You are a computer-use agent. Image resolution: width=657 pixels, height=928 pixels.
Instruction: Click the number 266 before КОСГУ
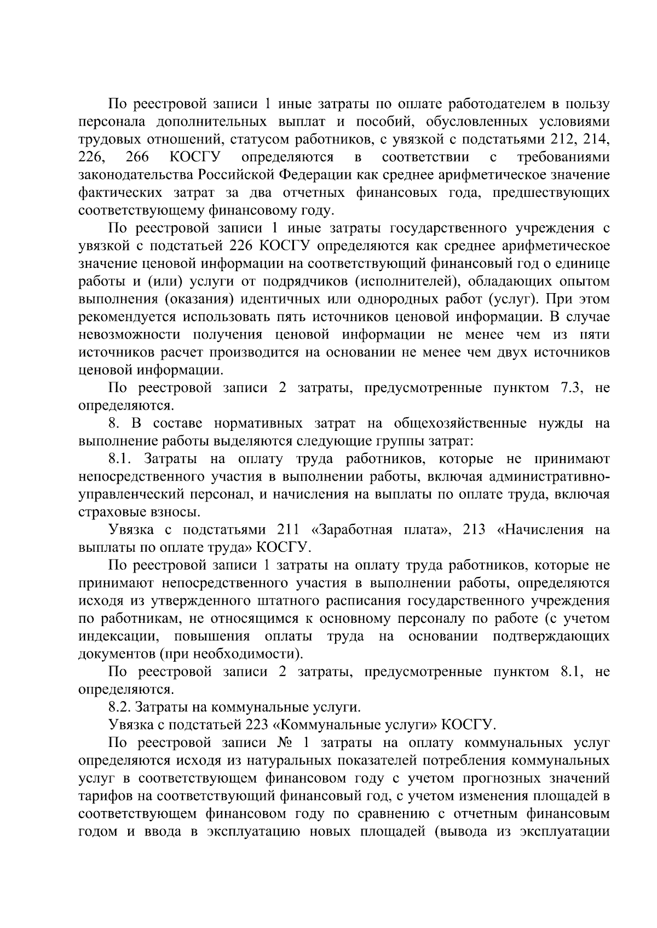[x=137, y=157]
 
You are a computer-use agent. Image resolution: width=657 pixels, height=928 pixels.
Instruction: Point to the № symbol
[x=285, y=743]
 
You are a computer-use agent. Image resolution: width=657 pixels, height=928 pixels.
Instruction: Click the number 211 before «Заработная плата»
[x=286, y=529]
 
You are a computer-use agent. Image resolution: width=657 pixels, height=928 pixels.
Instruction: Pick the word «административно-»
[x=548, y=476]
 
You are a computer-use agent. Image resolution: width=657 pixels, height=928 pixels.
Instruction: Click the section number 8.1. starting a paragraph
[x=121, y=458]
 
